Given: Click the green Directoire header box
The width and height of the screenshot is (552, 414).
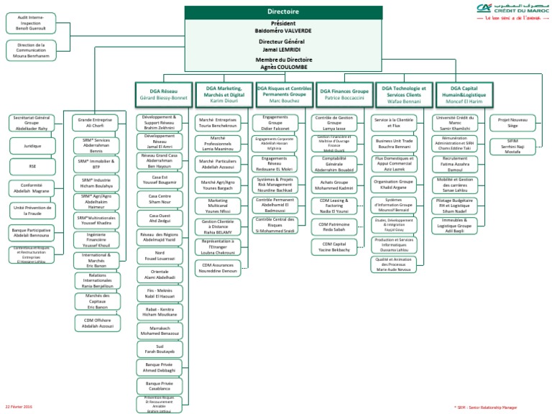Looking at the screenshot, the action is (x=283, y=12).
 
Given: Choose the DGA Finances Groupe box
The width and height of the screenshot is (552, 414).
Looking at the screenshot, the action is (x=344, y=93).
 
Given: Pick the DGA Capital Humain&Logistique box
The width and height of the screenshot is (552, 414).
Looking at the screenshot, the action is (x=463, y=93).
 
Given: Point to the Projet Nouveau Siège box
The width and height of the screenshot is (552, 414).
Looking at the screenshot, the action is (x=512, y=122).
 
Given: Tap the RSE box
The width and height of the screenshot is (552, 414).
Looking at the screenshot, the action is (x=31, y=167).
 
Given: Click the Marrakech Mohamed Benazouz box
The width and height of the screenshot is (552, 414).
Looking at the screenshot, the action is (x=160, y=331).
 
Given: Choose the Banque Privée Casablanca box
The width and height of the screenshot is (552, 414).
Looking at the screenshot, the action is (x=160, y=386).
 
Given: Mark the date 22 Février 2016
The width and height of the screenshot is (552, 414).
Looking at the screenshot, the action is (x=19, y=407).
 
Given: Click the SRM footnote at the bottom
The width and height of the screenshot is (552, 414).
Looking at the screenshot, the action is (x=494, y=407).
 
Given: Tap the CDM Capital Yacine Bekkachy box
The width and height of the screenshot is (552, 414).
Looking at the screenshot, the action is (x=334, y=247).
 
